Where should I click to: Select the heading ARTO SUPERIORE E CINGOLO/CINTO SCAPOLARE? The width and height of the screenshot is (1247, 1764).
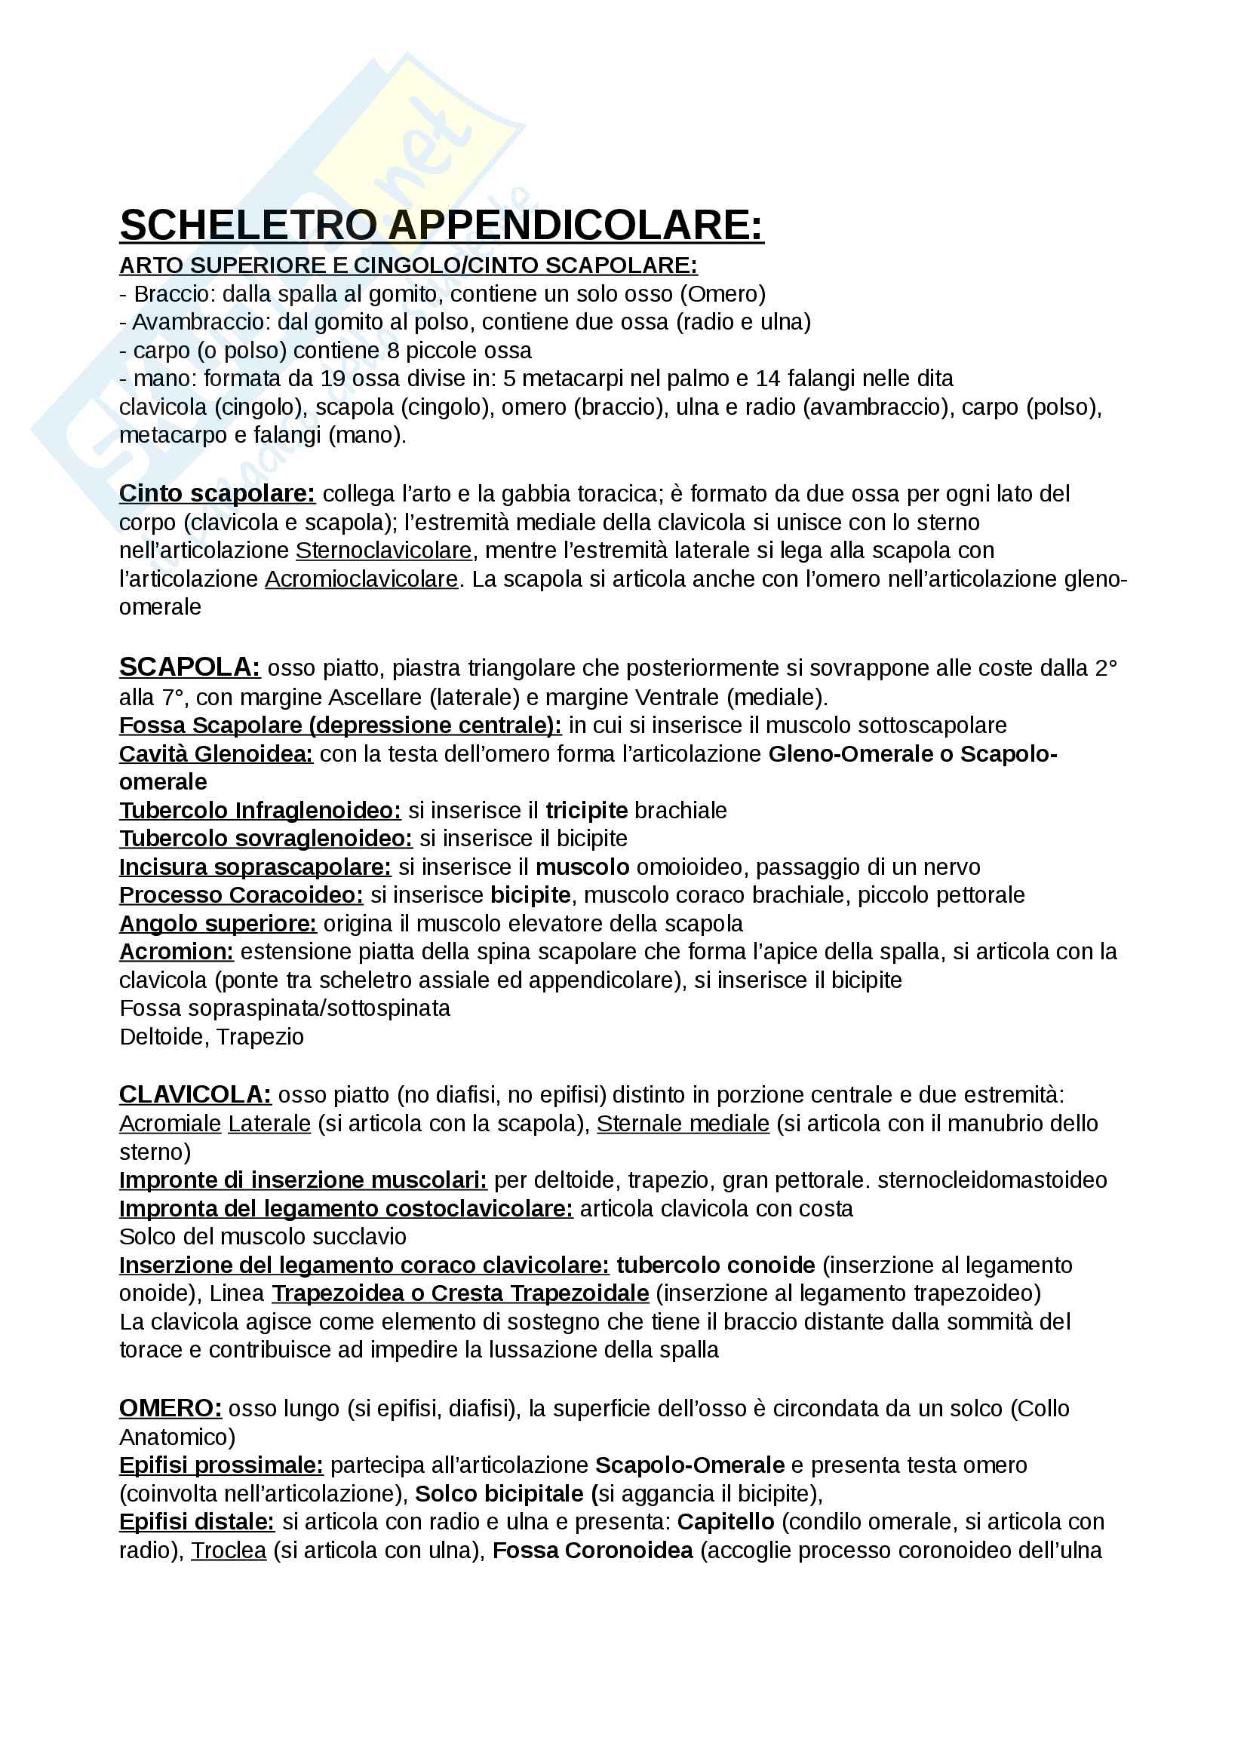[x=408, y=265]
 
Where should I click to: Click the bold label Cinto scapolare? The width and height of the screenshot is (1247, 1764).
[x=217, y=493]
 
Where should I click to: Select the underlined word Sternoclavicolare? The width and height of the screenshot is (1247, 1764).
[x=383, y=550]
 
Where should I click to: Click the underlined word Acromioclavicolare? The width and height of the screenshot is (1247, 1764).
[x=361, y=578]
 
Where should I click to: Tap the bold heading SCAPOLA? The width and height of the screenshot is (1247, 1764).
[x=190, y=667]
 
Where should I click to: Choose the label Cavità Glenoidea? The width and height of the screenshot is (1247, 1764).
[x=216, y=753]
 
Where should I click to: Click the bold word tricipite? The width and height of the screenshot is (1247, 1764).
[x=586, y=810]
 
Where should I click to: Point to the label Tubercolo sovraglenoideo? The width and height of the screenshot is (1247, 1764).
[x=265, y=838]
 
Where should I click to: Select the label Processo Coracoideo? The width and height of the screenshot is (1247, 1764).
[x=241, y=895]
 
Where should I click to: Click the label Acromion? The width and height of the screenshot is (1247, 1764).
[x=176, y=951]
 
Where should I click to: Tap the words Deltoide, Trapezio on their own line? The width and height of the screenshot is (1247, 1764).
[x=211, y=1036]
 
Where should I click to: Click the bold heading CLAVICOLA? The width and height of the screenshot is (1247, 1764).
[x=195, y=1094]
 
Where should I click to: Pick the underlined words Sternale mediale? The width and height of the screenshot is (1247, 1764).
[x=683, y=1123]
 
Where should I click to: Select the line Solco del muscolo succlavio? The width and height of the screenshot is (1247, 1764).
[x=263, y=1236]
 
